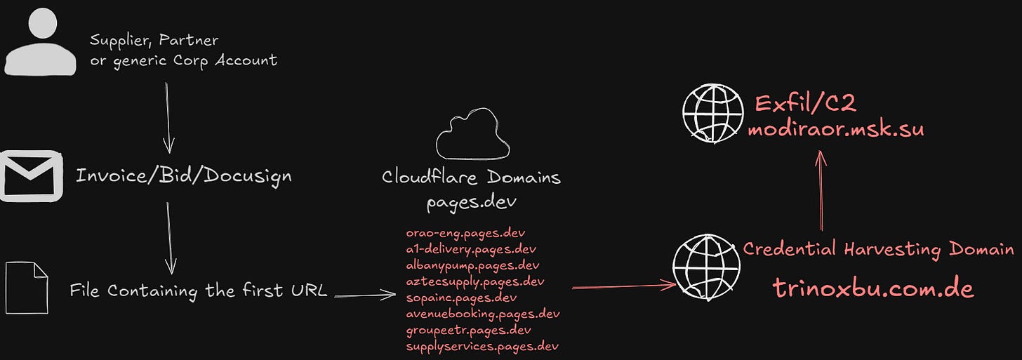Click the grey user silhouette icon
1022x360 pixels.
(41, 44)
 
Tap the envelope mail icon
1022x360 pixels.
(29, 175)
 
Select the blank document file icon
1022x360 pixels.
(27, 288)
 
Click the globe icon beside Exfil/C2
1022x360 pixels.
(713, 112)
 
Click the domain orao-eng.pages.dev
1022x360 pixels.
(465, 232)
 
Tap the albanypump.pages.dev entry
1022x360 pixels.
(472, 265)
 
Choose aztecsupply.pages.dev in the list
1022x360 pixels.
(475, 281)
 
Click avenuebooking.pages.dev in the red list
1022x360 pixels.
(483, 314)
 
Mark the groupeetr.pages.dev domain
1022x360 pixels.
(469, 330)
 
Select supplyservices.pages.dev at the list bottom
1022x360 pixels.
(482, 346)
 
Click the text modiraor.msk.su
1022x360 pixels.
(835, 130)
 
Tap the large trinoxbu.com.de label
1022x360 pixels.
(873, 288)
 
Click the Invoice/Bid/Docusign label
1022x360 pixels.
(183, 175)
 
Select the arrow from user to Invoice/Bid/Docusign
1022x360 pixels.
(168, 116)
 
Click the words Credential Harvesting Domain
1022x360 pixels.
(878, 248)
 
